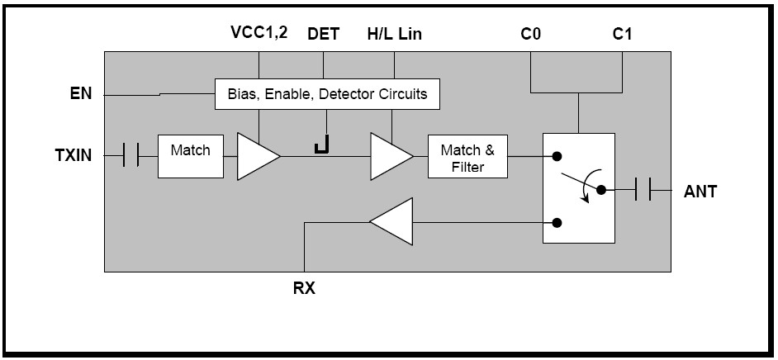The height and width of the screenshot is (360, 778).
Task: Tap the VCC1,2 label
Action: [x=259, y=35]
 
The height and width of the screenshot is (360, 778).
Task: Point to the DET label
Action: [x=323, y=35]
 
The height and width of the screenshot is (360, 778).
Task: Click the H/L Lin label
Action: [x=394, y=35]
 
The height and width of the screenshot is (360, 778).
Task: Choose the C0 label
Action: [x=530, y=35]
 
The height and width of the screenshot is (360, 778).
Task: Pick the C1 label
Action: [x=622, y=35]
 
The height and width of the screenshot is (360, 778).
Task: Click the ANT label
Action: [x=700, y=192]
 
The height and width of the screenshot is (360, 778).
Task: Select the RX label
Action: [x=305, y=289]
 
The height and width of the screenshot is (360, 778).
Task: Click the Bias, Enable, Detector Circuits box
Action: [x=327, y=94]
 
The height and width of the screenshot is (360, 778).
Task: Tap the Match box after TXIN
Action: [x=190, y=154]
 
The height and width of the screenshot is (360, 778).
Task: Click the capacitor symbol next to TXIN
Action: [x=130, y=154]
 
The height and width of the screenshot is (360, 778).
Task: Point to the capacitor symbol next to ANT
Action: [x=643, y=190]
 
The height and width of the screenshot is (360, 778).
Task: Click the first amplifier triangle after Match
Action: [x=256, y=155]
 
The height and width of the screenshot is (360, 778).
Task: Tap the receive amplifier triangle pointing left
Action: [x=392, y=221]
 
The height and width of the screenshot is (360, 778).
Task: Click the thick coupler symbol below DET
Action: [x=321, y=146]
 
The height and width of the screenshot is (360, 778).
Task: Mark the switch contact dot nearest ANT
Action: [x=601, y=190]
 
